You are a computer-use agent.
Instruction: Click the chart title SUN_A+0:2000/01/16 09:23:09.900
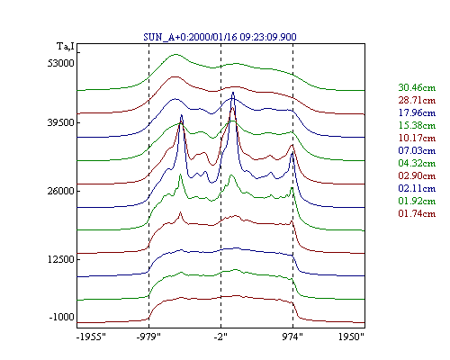(x=220, y=37)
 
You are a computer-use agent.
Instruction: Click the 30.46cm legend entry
(x=417, y=87)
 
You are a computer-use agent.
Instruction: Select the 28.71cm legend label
(x=417, y=100)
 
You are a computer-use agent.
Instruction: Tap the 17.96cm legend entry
(x=417, y=112)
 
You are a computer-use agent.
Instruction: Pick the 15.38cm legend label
(x=417, y=125)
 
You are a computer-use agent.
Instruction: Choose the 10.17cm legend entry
(x=417, y=138)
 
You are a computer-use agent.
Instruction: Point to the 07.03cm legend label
(x=417, y=150)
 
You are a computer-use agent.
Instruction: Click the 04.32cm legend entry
(x=417, y=163)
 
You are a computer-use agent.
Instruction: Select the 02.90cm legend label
(x=417, y=175)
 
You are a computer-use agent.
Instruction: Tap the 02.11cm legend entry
(x=417, y=188)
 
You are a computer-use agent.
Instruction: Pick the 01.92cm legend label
(x=417, y=201)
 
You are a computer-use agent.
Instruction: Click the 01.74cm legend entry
(x=417, y=213)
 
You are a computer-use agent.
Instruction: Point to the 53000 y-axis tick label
(x=60, y=63)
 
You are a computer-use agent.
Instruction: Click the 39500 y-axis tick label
(x=60, y=122)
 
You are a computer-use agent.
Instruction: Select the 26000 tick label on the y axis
(x=60, y=191)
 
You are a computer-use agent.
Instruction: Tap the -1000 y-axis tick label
(x=61, y=317)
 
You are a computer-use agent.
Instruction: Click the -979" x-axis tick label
(x=148, y=337)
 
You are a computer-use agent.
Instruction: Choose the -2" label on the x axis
(x=220, y=337)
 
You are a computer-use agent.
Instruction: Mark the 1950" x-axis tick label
(x=351, y=337)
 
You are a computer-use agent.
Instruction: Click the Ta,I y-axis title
(x=66, y=47)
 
